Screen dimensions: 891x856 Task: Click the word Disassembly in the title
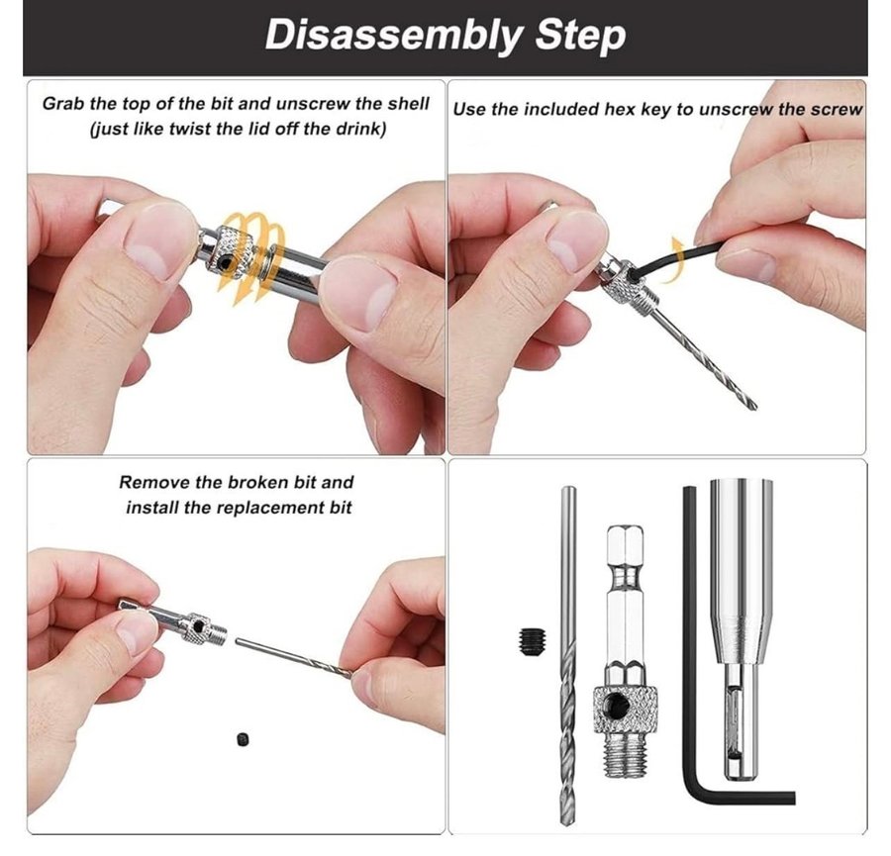click(x=393, y=36)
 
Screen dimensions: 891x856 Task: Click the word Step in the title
click(x=580, y=36)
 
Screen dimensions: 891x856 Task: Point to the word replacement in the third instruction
click(x=274, y=508)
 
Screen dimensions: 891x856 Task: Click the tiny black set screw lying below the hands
click(x=243, y=739)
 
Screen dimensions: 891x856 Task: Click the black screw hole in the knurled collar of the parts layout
click(x=616, y=707)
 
